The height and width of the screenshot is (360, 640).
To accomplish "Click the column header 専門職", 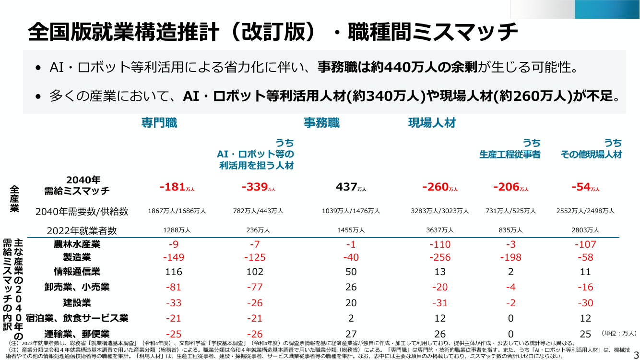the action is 159,123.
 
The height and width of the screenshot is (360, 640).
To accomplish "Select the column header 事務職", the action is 322,123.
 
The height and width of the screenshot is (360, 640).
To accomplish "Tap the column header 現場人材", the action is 432,123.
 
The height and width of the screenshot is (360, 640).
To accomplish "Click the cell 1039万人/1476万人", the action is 351,211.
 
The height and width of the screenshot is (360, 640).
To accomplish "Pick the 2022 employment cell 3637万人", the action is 440,230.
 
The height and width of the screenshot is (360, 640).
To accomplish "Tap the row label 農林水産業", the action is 77,244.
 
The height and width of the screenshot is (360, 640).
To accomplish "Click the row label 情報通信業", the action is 77,272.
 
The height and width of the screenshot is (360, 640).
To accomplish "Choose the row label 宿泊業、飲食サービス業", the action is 77,318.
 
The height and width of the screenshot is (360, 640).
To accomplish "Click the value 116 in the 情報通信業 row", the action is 174,272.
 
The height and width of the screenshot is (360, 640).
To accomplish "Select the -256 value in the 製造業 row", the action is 440,257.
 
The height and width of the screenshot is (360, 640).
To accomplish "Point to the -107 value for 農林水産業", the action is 585,244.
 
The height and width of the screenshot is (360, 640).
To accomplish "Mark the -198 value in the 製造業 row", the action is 511,257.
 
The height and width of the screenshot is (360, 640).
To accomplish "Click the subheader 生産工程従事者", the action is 510,155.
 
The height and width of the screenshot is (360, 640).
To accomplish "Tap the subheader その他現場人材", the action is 591,155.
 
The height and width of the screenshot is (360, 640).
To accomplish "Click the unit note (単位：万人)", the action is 618,334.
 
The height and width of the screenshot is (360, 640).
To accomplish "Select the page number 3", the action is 636,354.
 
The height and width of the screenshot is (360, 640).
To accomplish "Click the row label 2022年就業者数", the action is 82,231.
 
